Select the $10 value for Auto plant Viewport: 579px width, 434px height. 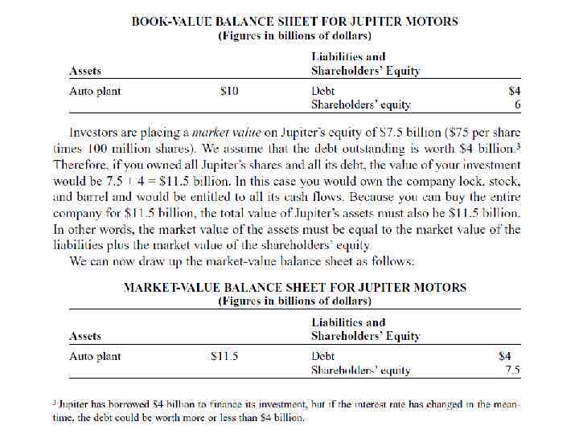229,92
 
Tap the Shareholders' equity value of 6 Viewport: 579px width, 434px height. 518,105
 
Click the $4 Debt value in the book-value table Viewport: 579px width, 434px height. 515,92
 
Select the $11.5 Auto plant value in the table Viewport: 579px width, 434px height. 224,355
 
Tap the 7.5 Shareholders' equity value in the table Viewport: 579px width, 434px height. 511,371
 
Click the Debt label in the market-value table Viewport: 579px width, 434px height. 323,355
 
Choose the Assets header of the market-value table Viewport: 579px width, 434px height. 85,336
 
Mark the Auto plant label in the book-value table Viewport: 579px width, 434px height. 95,92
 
